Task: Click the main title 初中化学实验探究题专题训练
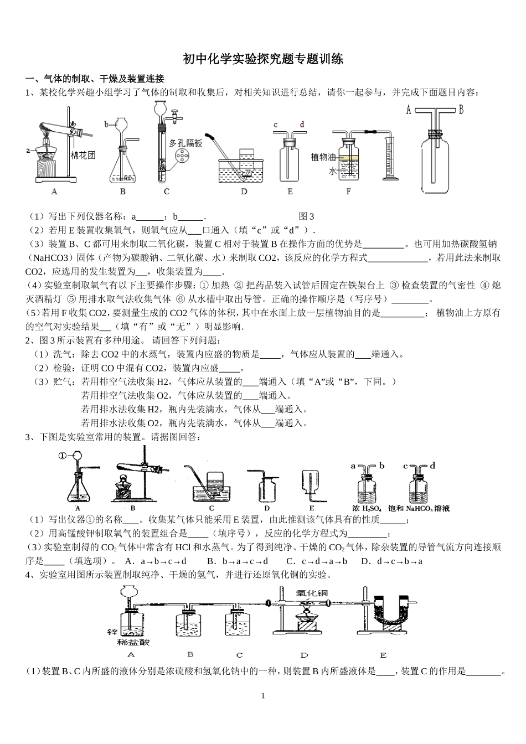coord(263,59)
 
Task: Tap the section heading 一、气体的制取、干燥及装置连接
coord(95,79)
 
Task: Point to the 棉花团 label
coord(84,155)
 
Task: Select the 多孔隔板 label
coord(185,143)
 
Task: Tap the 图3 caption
coord(306,216)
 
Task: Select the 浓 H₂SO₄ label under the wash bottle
coord(367,508)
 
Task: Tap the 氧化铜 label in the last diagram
coord(312,593)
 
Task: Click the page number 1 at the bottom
coord(263,696)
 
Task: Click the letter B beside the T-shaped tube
coord(461,110)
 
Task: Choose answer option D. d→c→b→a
coord(391,561)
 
